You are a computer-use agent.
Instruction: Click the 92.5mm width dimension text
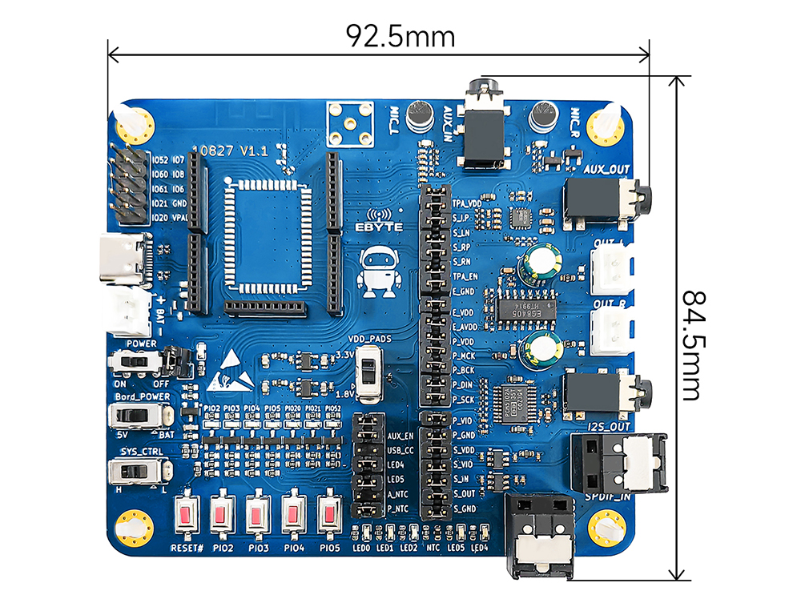pyautogui.click(x=400, y=36)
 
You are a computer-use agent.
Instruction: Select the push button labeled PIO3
pyautogui.click(x=257, y=516)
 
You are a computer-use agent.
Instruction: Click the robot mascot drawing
pyautogui.click(x=378, y=272)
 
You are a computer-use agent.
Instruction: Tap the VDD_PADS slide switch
pyautogui.click(x=368, y=373)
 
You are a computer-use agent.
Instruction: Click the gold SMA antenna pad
pyautogui.click(x=350, y=123)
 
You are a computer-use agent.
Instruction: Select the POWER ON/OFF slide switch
pyautogui.click(x=133, y=363)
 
